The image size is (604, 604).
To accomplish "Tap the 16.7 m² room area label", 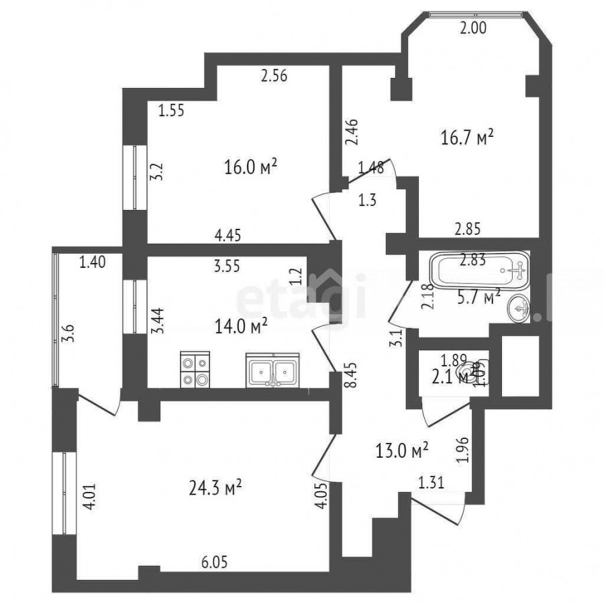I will pos(468,139).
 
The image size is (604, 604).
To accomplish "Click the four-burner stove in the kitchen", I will pos(195,370).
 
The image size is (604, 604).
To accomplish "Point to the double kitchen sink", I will pos(273,370).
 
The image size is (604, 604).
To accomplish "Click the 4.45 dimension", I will pos(228,234).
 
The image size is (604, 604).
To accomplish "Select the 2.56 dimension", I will pos(274,76).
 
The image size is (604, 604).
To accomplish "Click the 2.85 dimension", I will pos(467,229).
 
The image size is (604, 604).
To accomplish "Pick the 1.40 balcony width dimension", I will pos(93,263).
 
